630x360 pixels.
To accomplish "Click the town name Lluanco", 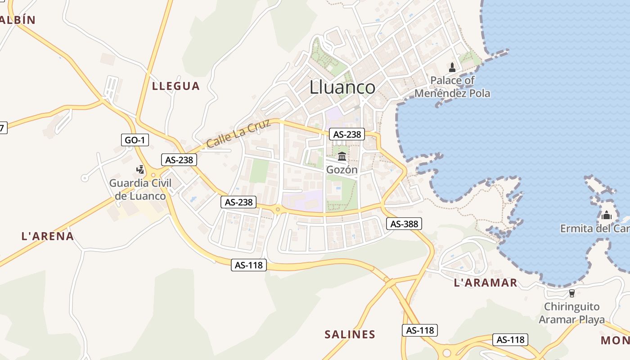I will pyautogui.click(x=342, y=87).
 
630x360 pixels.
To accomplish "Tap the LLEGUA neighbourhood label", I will pyautogui.click(x=175, y=86).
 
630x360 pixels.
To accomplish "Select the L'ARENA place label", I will pyautogui.click(x=48, y=236).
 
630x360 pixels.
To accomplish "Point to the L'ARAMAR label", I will pyautogui.click(x=486, y=283).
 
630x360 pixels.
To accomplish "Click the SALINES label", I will pyautogui.click(x=350, y=334).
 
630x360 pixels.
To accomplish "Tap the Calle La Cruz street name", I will pyautogui.click(x=238, y=134).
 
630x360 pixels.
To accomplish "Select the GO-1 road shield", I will pyautogui.click(x=135, y=140).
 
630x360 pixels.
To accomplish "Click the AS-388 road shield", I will pyautogui.click(x=404, y=224).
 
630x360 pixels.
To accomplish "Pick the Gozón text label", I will pyautogui.click(x=342, y=170).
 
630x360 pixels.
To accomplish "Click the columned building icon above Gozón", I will pyautogui.click(x=342, y=157).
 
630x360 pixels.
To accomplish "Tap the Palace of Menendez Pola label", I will pyautogui.click(x=452, y=87).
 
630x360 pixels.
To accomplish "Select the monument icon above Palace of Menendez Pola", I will pyautogui.click(x=452, y=67).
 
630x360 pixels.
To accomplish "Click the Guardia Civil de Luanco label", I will pyautogui.click(x=140, y=189).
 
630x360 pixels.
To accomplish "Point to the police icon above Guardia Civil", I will pyautogui.click(x=140, y=170).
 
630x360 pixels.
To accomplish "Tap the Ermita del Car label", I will pyautogui.click(x=594, y=229).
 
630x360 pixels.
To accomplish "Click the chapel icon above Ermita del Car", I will pyautogui.click(x=607, y=215).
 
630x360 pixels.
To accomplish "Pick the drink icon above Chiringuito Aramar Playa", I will pyautogui.click(x=571, y=293).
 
